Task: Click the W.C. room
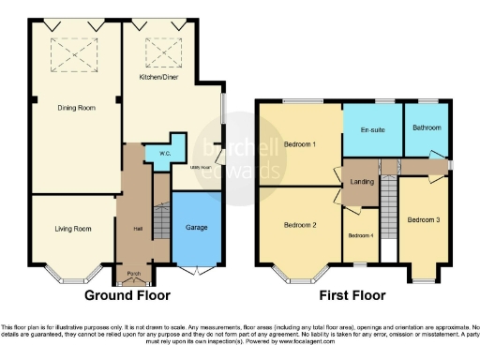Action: (163, 156)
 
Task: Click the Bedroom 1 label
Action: (300, 144)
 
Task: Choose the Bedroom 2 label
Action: (300, 225)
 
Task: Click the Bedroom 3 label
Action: (423, 219)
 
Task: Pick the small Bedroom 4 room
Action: (360, 234)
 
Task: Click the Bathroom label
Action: (425, 127)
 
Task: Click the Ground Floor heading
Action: (127, 295)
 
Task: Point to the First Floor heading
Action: (352, 295)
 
